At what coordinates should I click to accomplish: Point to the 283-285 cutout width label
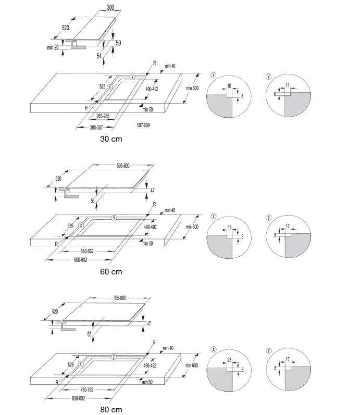103,116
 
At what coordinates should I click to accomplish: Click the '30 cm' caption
111,139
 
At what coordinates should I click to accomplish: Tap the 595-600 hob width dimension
123,166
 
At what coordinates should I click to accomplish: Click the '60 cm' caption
111,271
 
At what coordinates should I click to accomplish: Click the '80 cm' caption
111,410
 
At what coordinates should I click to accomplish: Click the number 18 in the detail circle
229,227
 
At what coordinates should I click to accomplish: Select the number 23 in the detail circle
230,359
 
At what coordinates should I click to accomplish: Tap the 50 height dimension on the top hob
118,43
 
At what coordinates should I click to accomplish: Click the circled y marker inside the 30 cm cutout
132,77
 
